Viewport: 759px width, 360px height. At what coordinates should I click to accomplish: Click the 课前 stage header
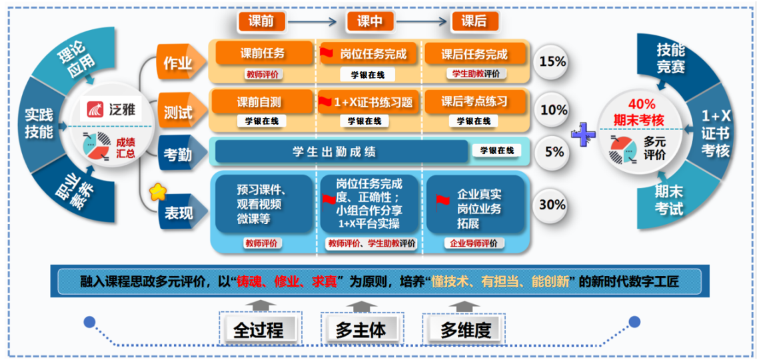pyautogui.click(x=261, y=21)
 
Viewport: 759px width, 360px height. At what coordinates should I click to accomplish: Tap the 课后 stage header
pyautogui.click(x=474, y=21)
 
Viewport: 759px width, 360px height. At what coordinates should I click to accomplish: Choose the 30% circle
pyautogui.click(x=552, y=205)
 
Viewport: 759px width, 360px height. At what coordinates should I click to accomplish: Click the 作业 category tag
pyautogui.click(x=177, y=63)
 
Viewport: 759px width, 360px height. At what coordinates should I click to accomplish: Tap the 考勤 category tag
pyautogui.click(x=178, y=155)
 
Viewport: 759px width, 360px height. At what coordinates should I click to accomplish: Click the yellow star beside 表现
pyautogui.click(x=158, y=193)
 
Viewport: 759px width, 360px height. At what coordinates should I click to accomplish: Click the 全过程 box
pyautogui.click(x=258, y=329)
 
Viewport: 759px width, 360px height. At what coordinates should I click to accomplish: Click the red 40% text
pyautogui.click(x=642, y=104)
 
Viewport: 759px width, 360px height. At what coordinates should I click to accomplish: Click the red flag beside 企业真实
pyautogui.click(x=442, y=199)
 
